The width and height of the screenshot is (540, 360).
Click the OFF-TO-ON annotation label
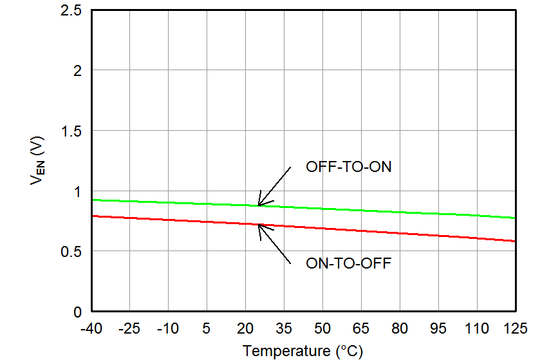348,167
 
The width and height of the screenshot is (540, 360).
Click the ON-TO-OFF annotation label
348,263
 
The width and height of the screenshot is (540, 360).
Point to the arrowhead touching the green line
259,204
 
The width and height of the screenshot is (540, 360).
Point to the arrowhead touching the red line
259,225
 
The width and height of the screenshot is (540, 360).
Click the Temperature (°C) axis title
303,351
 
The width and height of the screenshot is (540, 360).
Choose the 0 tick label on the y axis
78,312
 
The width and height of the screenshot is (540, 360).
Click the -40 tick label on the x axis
91,329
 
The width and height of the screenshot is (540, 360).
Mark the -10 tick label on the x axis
168,329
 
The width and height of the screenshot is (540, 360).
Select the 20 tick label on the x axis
245,329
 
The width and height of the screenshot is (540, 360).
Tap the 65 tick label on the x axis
361,329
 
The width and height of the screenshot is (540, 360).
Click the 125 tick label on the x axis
515,329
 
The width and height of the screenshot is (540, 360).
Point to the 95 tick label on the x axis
438,329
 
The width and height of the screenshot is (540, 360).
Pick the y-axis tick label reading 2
78,70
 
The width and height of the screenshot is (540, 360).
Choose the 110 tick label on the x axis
477,329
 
